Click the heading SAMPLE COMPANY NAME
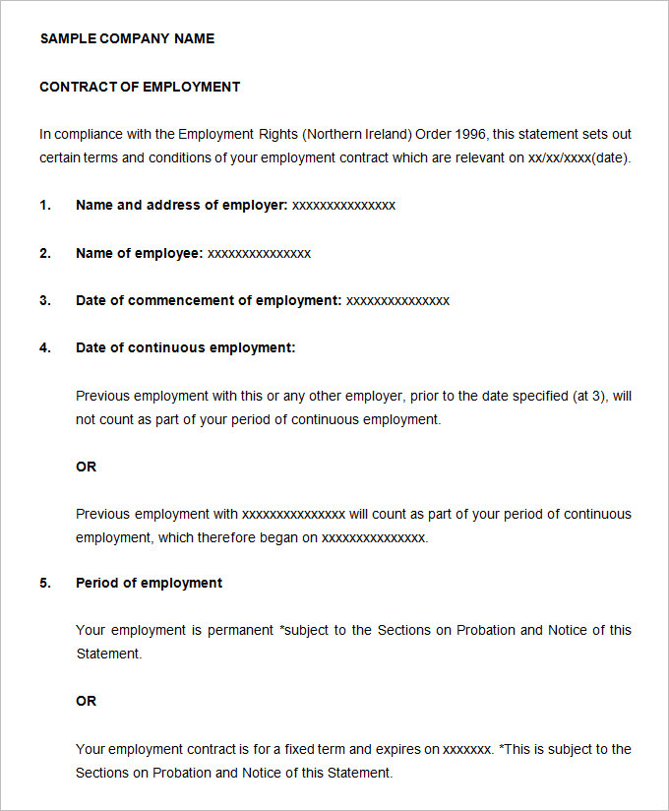127,38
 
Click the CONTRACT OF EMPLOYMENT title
140,87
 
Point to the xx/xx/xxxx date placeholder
559,157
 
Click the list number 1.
44,205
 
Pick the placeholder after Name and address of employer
343,205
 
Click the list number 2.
44,253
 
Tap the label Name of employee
139,253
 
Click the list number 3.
44,300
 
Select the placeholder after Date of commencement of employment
397,300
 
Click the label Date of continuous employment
185,347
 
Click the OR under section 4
87,467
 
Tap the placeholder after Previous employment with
293,514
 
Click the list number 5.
44,583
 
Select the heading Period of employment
149,583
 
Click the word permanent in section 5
242,630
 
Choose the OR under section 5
87,701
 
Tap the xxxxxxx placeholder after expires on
466,749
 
